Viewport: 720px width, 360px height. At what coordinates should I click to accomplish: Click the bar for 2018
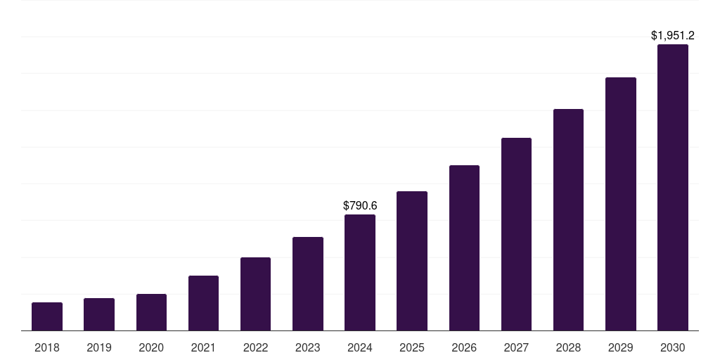coord(47,316)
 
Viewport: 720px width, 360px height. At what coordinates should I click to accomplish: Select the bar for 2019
coord(99,314)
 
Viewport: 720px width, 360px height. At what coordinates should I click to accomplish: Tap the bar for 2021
coord(203,303)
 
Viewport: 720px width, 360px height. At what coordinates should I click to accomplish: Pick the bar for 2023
coord(308,284)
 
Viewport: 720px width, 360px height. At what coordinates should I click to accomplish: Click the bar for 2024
coord(360,273)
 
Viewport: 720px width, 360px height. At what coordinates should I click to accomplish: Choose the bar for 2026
coord(464,248)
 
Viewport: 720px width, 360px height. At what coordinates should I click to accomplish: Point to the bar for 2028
coord(568,220)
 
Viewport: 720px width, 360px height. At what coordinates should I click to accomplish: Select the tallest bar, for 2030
coord(673,188)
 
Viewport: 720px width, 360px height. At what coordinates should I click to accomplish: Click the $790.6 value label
coord(360,206)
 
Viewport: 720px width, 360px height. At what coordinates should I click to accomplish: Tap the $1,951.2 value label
coord(673,35)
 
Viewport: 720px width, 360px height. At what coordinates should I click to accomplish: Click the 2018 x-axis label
coord(47,347)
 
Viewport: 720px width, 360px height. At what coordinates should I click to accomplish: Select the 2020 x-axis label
coord(151,347)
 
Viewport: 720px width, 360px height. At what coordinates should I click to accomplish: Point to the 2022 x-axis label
coord(255,347)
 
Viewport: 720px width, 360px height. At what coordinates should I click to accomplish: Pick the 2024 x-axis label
coord(360,347)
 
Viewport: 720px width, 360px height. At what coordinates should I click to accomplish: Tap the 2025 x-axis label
coord(412,347)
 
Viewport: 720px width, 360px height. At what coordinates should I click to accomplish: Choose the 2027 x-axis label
coord(516,347)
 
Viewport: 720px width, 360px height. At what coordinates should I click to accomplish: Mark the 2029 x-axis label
coord(621,347)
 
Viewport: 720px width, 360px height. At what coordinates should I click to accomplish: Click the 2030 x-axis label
coord(673,347)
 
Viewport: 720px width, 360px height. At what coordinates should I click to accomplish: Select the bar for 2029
coord(621,204)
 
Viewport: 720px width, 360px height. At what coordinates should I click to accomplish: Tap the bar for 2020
coord(151,312)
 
